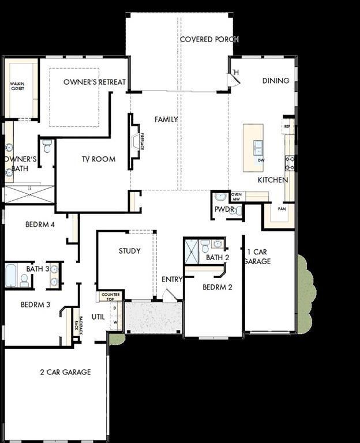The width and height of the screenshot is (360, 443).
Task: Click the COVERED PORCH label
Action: pyautogui.click(x=209, y=39)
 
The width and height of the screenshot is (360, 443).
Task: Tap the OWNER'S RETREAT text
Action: pyautogui.click(x=95, y=82)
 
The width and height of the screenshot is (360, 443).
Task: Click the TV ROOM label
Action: pyautogui.click(x=98, y=159)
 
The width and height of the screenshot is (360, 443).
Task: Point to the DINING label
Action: pyautogui.click(x=276, y=81)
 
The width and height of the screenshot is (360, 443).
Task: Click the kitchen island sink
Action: pyautogui.click(x=258, y=147)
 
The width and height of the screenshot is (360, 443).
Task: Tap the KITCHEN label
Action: pyautogui.click(x=272, y=180)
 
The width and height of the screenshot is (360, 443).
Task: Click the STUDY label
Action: pyautogui.click(x=130, y=251)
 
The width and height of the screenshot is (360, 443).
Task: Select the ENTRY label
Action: pyautogui.click(x=172, y=279)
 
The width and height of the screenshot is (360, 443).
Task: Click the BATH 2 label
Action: pyautogui.click(x=217, y=257)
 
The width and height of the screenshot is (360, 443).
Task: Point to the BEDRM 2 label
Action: pyautogui.click(x=217, y=287)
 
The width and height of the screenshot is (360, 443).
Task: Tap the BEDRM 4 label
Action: pyautogui.click(x=40, y=224)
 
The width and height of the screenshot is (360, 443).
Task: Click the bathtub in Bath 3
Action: pyautogui.click(x=12, y=275)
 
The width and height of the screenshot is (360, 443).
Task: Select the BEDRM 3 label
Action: pyautogui.click(x=35, y=305)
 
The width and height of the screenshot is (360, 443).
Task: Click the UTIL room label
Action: pyautogui.click(x=98, y=316)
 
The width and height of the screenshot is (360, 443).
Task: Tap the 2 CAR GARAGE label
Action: pyautogui.click(x=65, y=372)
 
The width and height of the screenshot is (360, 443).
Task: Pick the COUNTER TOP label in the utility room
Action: pyautogui.click(x=110, y=297)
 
